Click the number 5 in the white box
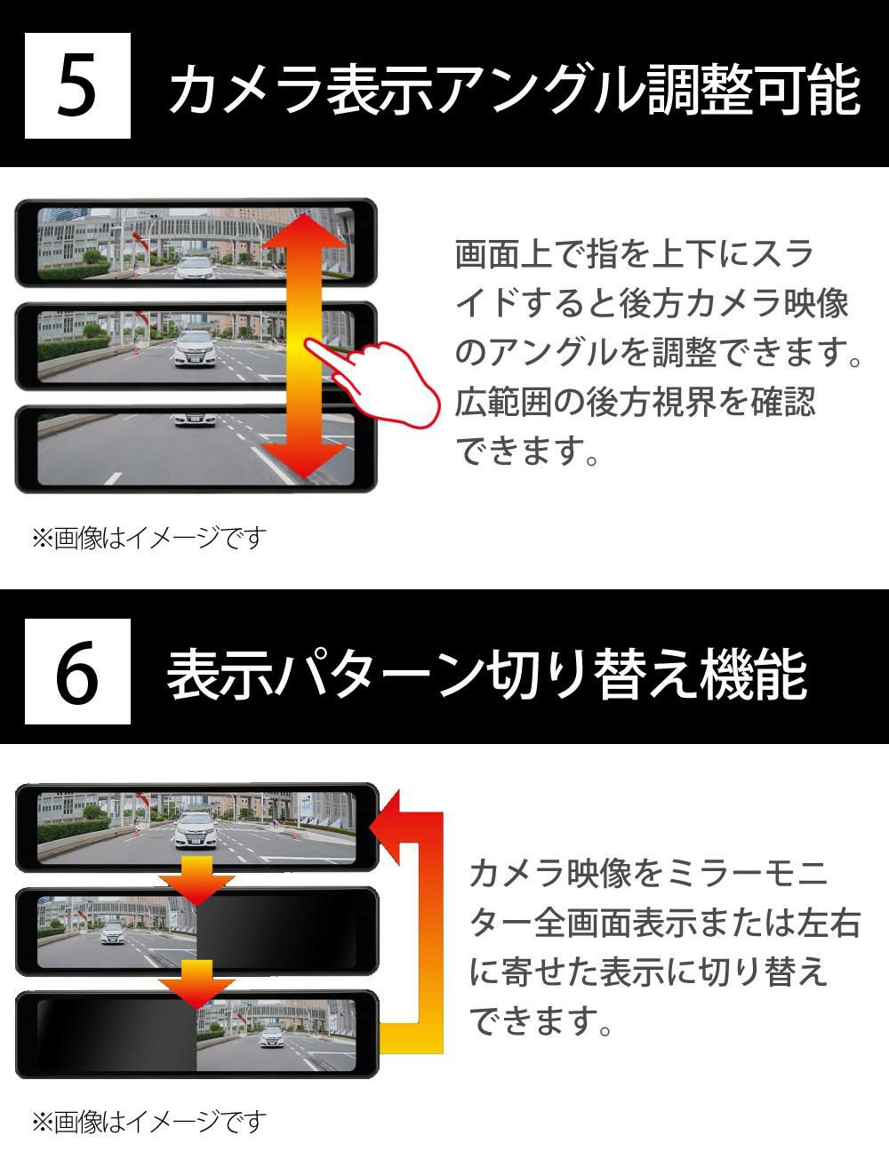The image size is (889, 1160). (x=77, y=85)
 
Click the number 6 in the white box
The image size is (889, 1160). (x=78, y=671)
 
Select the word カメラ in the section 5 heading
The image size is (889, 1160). (x=245, y=89)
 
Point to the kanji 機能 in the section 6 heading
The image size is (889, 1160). (x=754, y=674)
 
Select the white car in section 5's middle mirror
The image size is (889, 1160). (x=195, y=348)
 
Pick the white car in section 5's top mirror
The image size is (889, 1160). (x=195, y=268)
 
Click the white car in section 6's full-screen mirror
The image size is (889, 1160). (x=196, y=829)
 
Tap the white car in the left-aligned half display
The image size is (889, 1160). (x=113, y=933)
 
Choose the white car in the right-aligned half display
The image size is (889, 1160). (x=272, y=1037)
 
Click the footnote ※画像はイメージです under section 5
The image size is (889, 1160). (x=149, y=538)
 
